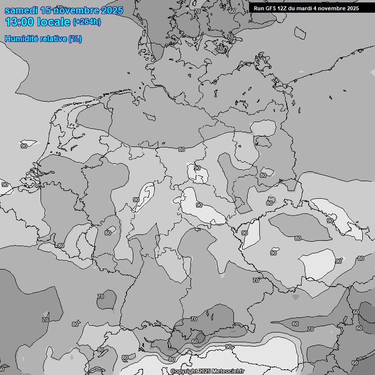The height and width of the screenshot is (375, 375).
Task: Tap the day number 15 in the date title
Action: pyautogui.click(x=46, y=10)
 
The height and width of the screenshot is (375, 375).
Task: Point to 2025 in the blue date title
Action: pyautogui.click(x=112, y=10)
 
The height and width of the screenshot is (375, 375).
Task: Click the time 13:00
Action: pyautogui.click(x=20, y=22)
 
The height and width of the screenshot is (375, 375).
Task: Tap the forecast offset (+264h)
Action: pyautogui.click(x=87, y=22)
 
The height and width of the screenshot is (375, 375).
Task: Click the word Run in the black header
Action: pyautogui.click(x=259, y=8)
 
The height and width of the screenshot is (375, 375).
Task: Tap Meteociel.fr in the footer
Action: pyautogui.click(x=229, y=371)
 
